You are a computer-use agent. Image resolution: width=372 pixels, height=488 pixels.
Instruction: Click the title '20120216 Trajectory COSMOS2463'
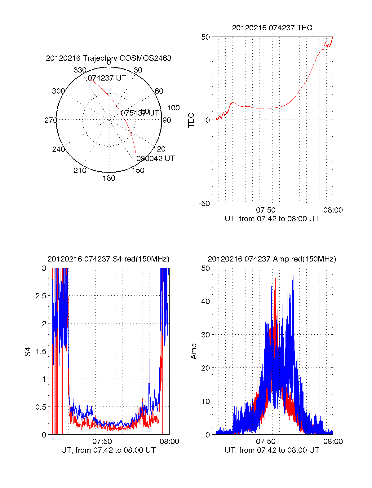(x=108, y=58)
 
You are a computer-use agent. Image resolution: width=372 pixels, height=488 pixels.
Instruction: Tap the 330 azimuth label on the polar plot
(x=80, y=70)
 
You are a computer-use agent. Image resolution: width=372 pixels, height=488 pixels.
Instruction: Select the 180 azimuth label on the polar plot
(x=109, y=178)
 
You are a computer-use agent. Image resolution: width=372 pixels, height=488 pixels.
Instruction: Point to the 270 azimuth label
(x=51, y=120)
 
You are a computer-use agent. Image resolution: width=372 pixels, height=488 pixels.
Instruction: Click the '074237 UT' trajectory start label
(x=107, y=78)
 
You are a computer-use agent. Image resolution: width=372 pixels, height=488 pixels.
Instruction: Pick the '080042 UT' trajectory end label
(x=156, y=159)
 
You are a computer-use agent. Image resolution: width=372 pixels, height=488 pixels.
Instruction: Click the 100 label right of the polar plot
(x=173, y=108)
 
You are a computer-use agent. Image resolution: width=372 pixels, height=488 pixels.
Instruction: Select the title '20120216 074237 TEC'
(x=272, y=28)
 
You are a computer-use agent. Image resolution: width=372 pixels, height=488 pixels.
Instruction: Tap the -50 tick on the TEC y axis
(x=204, y=204)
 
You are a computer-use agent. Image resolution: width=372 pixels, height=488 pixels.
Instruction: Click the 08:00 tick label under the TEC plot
(x=333, y=210)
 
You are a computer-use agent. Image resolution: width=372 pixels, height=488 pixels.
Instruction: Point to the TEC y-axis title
(x=191, y=120)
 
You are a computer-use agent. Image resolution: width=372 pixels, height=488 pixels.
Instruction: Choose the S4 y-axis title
(x=28, y=352)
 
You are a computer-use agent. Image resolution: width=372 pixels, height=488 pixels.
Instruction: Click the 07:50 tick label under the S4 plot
(x=102, y=442)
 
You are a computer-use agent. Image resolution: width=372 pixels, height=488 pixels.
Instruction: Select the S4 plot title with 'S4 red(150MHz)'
(x=108, y=259)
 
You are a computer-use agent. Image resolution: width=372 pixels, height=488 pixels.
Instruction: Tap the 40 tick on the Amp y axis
(x=206, y=301)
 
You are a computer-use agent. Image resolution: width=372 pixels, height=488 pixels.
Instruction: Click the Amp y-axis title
(x=194, y=351)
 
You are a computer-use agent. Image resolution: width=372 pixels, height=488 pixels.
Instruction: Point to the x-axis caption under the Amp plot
(x=272, y=450)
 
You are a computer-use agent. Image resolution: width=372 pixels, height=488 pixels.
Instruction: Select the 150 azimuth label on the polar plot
(x=138, y=170)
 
